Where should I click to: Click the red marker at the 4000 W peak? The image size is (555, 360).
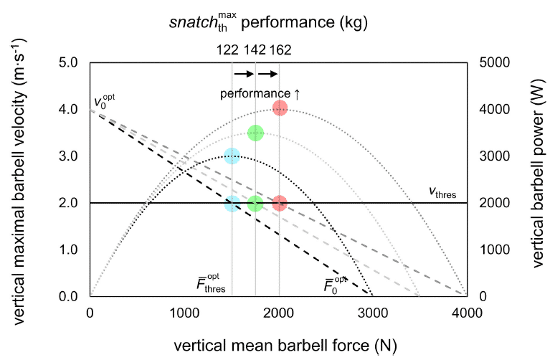280,108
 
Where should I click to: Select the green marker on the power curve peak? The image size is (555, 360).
255,133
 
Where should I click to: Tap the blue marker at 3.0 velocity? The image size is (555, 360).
232,156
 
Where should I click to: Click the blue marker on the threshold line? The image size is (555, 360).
232,203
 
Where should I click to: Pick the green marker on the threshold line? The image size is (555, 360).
255,203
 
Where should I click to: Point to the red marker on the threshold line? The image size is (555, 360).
280,203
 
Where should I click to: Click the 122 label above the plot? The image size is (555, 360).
227,50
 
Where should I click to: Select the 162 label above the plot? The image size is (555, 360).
280,50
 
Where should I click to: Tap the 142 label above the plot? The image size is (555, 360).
254,50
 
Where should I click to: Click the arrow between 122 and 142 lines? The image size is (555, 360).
244,74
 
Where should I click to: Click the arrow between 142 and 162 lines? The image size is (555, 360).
267,74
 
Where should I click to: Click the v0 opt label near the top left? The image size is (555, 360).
105,102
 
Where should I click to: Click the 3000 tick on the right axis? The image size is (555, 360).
485,156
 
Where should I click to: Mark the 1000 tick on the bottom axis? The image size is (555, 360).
184,311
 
